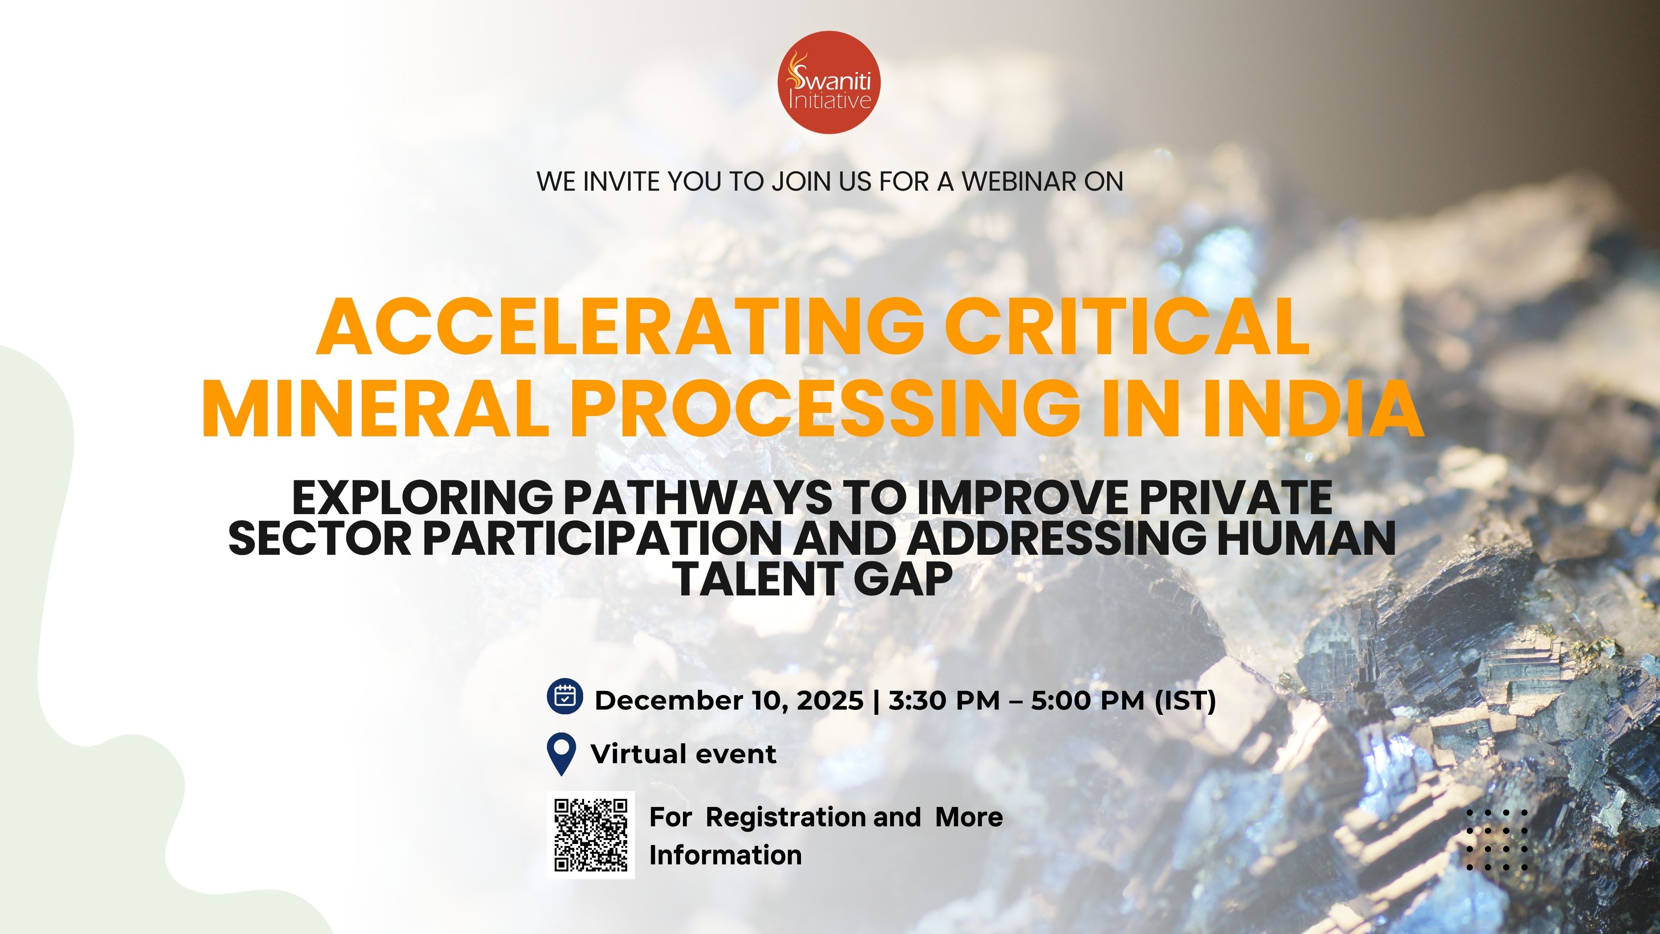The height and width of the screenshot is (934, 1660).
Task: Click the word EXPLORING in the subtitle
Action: tap(422, 498)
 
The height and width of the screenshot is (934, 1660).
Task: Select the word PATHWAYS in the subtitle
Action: tap(697, 498)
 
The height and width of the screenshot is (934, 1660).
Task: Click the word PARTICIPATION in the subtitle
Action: tap(603, 538)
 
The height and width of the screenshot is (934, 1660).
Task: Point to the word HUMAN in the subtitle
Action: tap(1306, 538)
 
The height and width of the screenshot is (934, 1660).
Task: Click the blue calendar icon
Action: tap(565, 697)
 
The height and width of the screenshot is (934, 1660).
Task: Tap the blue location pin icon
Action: tap(561, 754)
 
